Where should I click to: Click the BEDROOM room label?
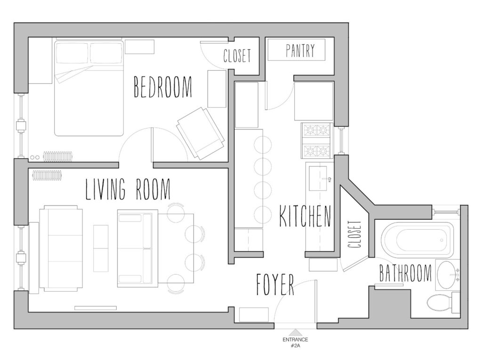click(x=163, y=87)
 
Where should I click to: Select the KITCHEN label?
click(x=305, y=217)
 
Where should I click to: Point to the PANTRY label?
click(x=300, y=50)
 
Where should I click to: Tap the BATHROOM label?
click(x=405, y=273)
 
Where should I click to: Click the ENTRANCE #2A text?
click(x=296, y=342)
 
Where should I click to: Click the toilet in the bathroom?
click(x=441, y=302)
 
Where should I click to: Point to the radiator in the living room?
click(x=48, y=176)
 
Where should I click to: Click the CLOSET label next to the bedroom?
click(x=237, y=56)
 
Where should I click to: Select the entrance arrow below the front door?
click(x=296, y=332)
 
